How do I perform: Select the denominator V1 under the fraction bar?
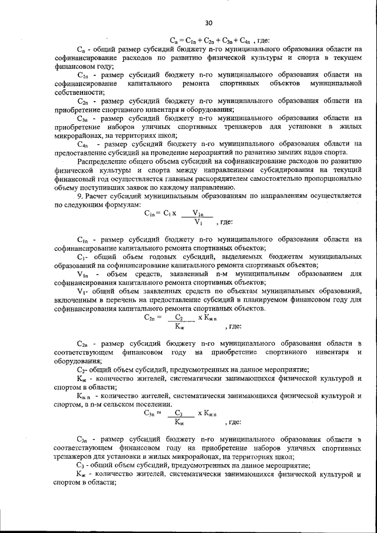pyautogui.click(x=199, y=223)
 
